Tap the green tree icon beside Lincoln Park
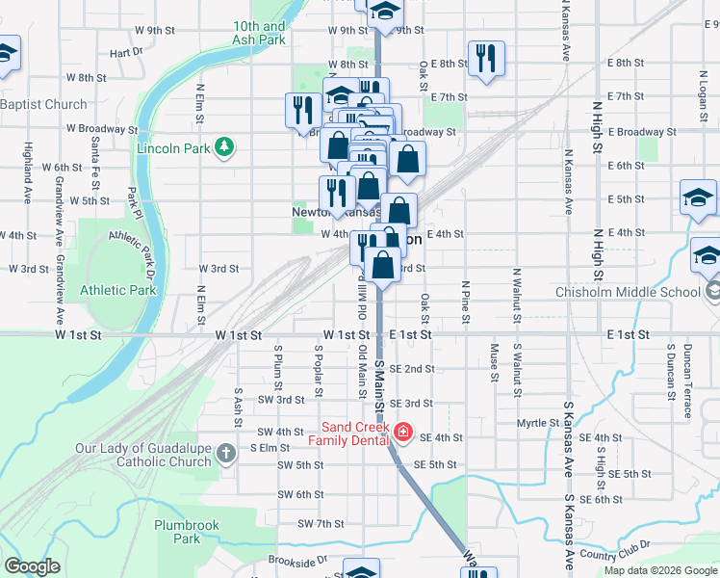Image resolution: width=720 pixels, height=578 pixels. tap(224, 146)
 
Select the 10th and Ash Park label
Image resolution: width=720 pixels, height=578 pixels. tap(259, 34)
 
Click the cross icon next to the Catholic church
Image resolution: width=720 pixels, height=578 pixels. tap(225, 454)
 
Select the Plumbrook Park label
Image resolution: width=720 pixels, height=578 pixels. tap(187, 532)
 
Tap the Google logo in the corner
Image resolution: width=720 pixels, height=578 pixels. tap(32, 566)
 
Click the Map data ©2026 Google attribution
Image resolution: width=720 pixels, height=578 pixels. tap(659, 570)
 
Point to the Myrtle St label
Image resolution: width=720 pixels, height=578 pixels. tap(537, 423)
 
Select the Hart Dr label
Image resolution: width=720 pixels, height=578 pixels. tap(126, 52)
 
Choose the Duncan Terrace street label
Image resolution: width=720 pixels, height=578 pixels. tap(687, 370)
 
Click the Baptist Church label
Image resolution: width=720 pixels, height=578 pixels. tap(44, 104)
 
